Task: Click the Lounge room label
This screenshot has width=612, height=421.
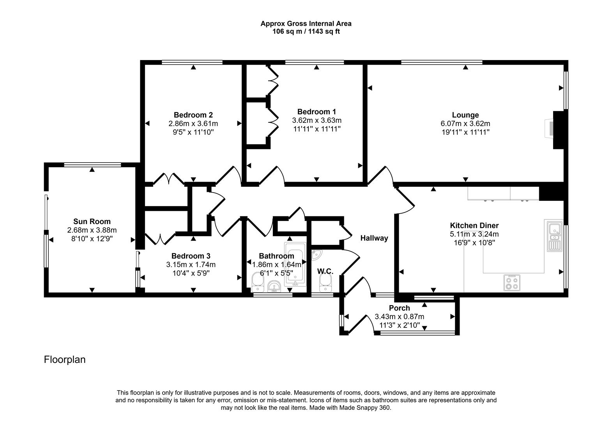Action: (465, 115)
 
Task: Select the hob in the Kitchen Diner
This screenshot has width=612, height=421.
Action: (512, 283)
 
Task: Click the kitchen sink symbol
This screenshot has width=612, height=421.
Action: (554, 235)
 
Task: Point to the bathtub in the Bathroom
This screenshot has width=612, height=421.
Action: (295, 265)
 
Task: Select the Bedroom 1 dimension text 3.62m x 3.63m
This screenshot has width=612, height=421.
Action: (317, 120)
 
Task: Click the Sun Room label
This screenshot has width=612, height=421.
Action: (92, 221)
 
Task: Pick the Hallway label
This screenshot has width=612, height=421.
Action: (374, 238)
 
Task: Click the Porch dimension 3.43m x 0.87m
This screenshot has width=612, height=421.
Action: (399, 317)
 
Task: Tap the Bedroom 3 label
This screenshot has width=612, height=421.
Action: (191, 256)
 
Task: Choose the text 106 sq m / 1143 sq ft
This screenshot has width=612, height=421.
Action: (306, 32)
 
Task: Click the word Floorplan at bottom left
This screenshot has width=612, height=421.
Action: (65, 359)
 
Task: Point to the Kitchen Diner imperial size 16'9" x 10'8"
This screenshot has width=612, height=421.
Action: (474, 242)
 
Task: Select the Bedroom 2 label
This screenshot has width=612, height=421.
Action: (193, 115)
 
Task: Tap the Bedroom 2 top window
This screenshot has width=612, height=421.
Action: (192, 62)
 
